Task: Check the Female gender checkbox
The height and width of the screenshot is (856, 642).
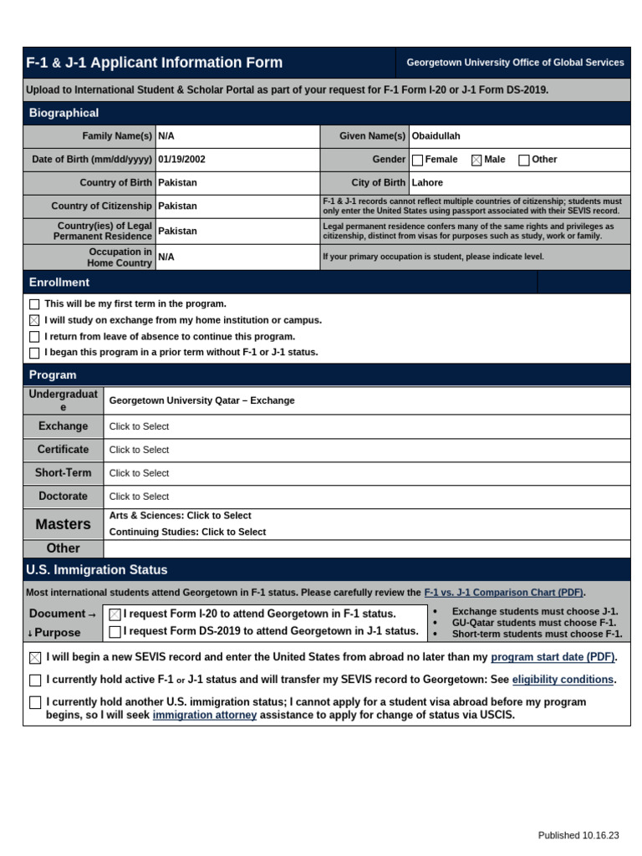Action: pyautogui.click(x=418, y=160)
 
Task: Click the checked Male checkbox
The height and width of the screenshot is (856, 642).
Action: pyautogui.click(x=476, y=160)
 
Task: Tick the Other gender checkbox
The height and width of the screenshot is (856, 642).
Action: pyautogui.click(x=524, y=160)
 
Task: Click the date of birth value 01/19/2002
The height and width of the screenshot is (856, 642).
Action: pyautogui.click(x=181, y=160)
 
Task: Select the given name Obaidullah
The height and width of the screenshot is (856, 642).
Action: pyautogui.click(x=436, y=136)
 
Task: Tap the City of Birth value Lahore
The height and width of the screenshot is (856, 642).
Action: pyautogui.click(x=427, y=183)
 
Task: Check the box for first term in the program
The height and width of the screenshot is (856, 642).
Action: pyautogui.click(x=34, y=304)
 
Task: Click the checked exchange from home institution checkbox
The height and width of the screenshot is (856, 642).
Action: pyautogui.click(x=34, y=320)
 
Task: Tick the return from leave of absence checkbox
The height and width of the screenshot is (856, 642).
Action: pyautogui.click(x=34, y=337)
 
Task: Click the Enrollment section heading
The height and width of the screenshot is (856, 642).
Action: pyautogui.click(x=59, y=283)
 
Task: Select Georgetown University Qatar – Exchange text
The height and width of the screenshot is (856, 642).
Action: pyautogui.click(x=201, y=400)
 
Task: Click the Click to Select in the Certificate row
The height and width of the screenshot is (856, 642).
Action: pyautogui.click(x=139, y=450)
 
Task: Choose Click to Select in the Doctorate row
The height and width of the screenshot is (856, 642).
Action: pyautogui.click(x=139, y=497)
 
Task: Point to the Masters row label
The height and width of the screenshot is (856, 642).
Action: pyautogui.click(x=63, y=524)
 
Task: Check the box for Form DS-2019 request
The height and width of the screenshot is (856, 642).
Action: pyautogui.click(x=115, y=632)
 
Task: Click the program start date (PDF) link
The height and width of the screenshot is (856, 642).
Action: pyautogui.click(x=553, y=658)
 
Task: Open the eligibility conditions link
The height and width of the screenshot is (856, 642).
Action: pyautogui.click(x=563, y=680)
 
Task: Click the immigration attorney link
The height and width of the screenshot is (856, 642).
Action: pyautogui.click(x=204, y=716)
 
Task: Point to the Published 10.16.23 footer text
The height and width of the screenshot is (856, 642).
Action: pyautogui.click(x=578, y=835)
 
